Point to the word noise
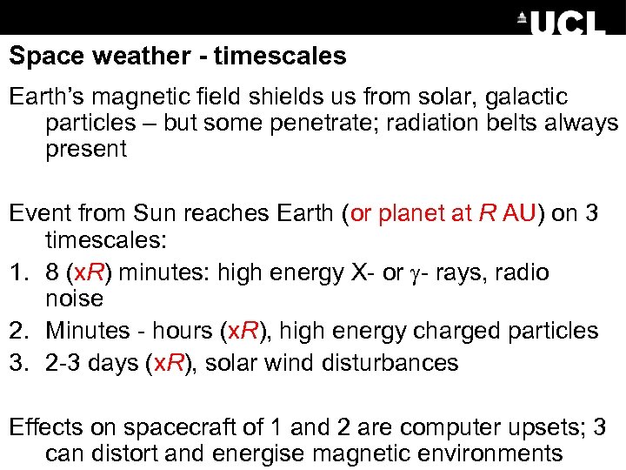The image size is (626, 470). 75,299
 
